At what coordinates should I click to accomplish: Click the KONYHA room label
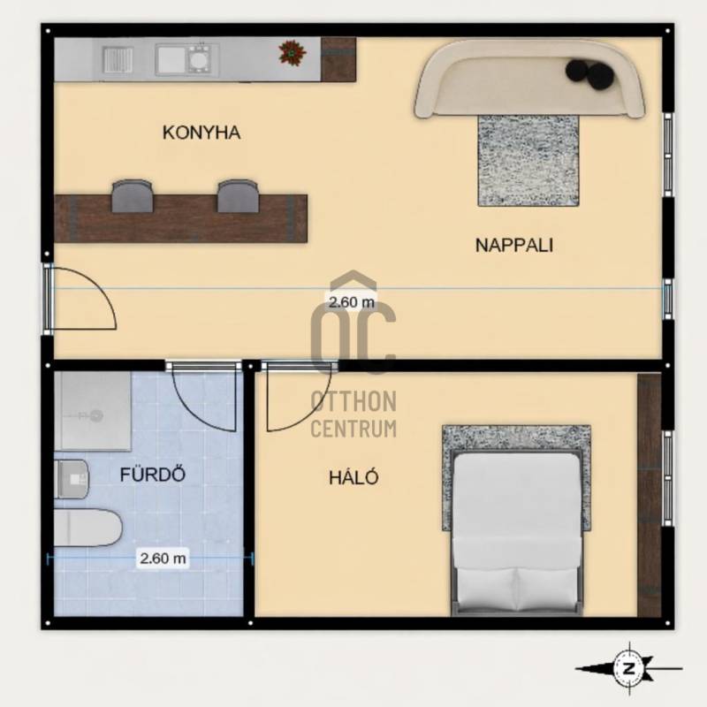point(201,133)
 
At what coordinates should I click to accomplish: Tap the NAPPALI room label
point(514,246)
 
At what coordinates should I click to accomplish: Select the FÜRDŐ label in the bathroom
point(152,474)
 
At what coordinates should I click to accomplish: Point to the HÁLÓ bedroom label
point(354,476)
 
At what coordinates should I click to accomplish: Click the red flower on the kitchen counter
point(293,52)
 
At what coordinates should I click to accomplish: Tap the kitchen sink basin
point(171,59)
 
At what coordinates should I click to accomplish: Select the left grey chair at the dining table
point(132,196)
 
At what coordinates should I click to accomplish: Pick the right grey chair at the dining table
point(238,196)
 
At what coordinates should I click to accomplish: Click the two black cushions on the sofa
point(589,72)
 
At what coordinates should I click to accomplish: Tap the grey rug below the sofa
point(528,161)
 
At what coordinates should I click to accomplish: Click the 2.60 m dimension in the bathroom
point(163,559)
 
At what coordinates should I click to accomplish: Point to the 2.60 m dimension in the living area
point(352,301)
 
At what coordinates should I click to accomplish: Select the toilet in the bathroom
point(87,528)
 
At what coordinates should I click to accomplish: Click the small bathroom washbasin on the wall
point(72,479)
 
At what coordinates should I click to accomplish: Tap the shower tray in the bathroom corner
point(93,411)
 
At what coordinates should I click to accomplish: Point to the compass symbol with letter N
point(629,669)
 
